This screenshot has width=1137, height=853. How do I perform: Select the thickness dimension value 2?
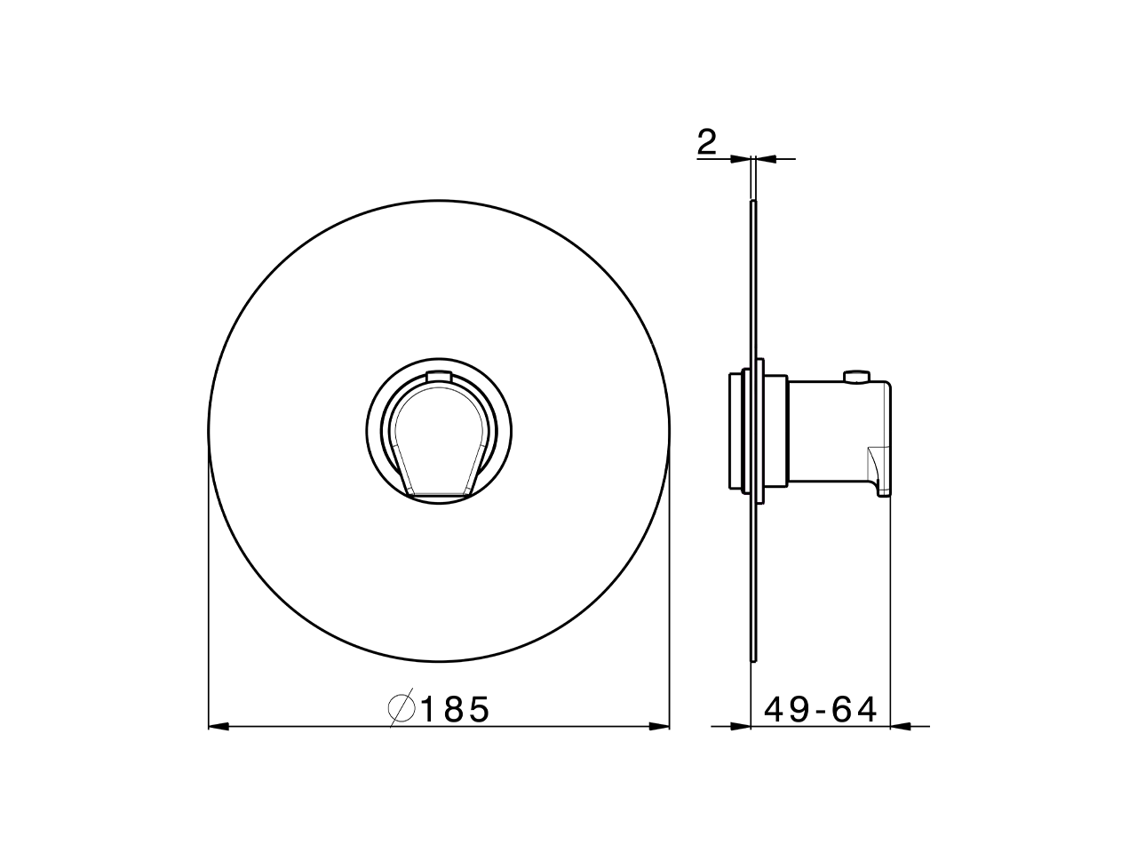pos(706,142)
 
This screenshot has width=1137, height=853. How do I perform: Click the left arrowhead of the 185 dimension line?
pos(219,727)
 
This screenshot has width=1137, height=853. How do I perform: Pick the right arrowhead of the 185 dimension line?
pos(658,727)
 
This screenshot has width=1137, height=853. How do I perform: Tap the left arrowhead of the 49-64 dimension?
pos(741,727)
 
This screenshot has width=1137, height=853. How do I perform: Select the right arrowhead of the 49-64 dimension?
pos(901,727)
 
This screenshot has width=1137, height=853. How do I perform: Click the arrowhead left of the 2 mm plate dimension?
pos(740,159)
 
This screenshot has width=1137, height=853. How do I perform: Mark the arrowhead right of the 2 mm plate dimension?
pos(765,159)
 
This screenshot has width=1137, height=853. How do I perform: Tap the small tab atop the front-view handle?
pos(438,376)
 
